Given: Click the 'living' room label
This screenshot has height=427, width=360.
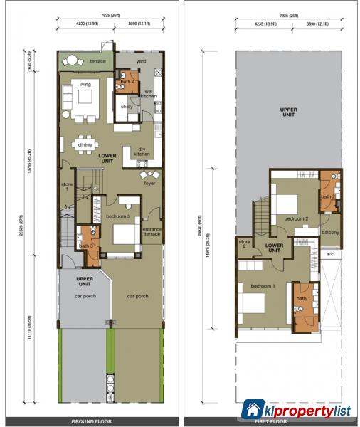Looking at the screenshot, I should (85, 85).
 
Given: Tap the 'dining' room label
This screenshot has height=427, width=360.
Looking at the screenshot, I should (85, 144).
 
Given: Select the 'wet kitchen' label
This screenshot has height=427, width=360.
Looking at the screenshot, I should (151, 93).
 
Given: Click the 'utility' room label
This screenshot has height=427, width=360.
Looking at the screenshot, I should (127, 106).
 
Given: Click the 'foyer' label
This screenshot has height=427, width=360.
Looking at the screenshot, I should (149, 183).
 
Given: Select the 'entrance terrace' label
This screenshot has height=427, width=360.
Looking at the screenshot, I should (152, 232).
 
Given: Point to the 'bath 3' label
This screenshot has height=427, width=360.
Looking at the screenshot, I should (86, 246).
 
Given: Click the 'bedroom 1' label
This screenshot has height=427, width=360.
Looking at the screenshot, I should (263, 286).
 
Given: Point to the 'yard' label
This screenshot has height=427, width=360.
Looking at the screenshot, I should (141, 61).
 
